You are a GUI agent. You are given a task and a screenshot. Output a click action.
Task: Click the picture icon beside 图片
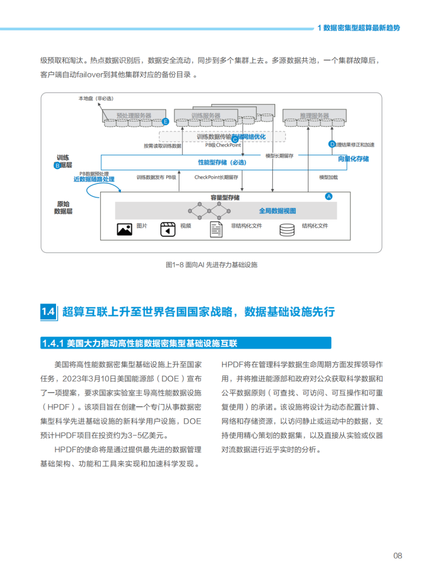124,229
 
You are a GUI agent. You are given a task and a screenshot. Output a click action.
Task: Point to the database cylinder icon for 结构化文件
287,229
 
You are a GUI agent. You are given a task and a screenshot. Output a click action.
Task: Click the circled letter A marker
328,196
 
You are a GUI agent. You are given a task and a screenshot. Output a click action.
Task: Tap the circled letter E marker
166,121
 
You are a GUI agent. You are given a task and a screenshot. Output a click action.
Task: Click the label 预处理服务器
133,115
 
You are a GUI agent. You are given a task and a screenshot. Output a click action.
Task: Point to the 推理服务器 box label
314,115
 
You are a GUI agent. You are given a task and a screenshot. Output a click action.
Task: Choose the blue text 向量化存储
353,159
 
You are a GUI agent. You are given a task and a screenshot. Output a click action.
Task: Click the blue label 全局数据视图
277,211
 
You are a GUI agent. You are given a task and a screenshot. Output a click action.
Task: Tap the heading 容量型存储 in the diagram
225,197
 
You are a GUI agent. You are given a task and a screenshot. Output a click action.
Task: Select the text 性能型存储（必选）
222,162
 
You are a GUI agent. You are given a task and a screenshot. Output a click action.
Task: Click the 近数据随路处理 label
94,179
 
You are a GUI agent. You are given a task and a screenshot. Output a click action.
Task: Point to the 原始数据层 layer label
63,207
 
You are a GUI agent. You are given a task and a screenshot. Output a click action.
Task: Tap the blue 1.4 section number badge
48,312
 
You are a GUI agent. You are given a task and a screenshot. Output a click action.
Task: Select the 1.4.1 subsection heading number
54,343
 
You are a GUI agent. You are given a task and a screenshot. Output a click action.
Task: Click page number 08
397,555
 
